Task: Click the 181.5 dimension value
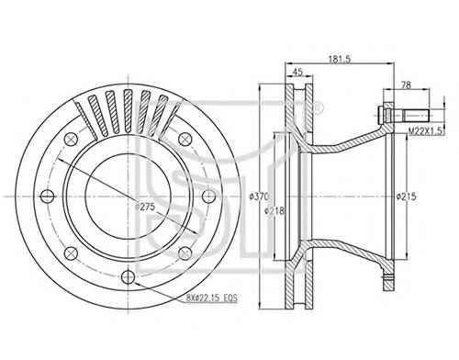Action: pyautogui.click(x=340, y=59)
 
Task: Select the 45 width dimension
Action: pyautogui.click(x=297, y=72)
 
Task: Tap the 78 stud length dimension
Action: pyautogui.click(x=406, y=85)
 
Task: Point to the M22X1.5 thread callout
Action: pyautogui.click(x=426, y=131)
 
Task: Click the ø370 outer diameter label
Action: pyautogui.click(x=259, y=197)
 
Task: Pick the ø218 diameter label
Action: pyautogui.click(x=274, y=210)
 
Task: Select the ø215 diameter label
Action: pyautogui.click(x=407, y=197)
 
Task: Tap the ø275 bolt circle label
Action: pyautogui.click(x=145, y=207)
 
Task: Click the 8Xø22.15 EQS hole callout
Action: pyautogui.click(x=212, y=298)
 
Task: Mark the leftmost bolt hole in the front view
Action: pyautogui.click(x=48, y=196)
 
